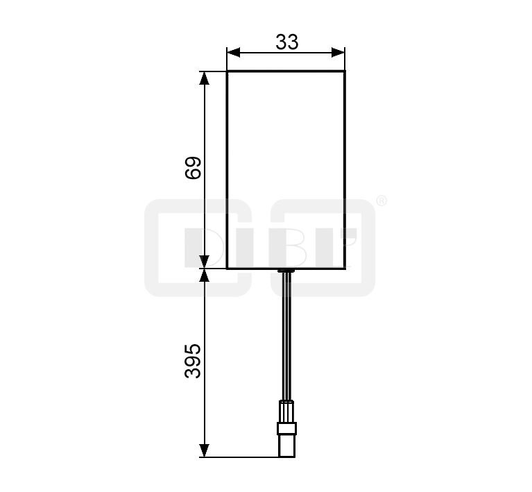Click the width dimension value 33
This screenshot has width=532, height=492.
click(x=286, y=42)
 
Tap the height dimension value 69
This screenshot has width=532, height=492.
click(x=193, y=167)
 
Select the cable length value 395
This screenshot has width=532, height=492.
click(x=193, y=361)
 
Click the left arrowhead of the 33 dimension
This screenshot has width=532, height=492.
click(x=234, y=52)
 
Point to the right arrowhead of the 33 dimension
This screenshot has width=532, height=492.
click(x=338, y=52)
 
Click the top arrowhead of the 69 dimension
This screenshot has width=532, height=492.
click(x=203, y=78)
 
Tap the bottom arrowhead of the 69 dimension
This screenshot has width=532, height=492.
click(x=203, y=262)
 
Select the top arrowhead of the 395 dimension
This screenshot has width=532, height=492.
click(x=203, y=275)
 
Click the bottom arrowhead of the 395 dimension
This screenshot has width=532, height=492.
click(x=203, y=450)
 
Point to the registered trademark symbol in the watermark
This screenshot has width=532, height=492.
click(x=381, y=201)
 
